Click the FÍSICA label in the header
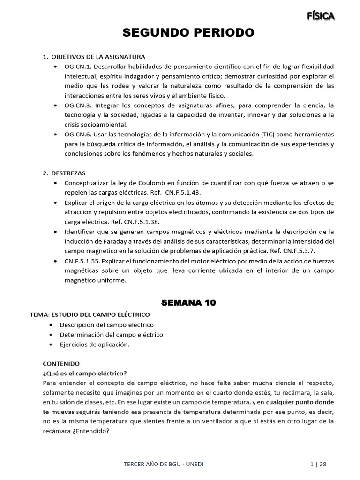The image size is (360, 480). coord(321,16)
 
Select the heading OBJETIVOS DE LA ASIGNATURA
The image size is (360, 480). coord(98,57)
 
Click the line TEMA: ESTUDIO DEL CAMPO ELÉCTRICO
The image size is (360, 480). coord(90,314)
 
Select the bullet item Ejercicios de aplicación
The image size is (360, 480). coord(94,345)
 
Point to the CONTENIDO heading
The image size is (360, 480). coord(61,363)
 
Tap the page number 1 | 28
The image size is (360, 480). coord(318,464)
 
